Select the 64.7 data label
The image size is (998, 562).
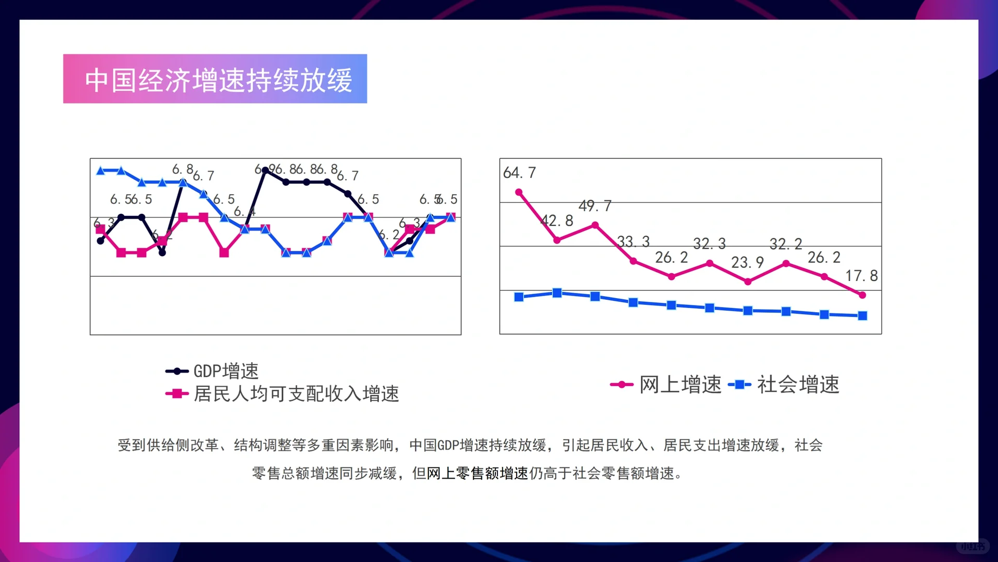(519, 173)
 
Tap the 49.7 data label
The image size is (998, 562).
(595, 206)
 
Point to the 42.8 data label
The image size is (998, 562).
(557, 221)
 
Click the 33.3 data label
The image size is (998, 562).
(633, 241)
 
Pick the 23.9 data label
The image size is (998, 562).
(747, 262)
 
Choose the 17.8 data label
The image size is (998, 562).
(861, 276)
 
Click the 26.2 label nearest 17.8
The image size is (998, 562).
(824, 257)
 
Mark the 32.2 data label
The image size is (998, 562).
(785, 244)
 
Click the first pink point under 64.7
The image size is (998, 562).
(519, 193)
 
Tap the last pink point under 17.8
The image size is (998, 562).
(862, 295)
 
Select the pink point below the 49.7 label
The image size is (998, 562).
(595, 225)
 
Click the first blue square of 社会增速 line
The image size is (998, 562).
(519, 297)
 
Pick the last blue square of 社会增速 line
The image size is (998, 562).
(862, 316)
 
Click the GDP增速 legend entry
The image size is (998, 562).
(212, 371)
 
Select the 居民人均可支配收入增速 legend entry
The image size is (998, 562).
(282, 394)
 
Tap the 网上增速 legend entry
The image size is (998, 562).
(666, 385)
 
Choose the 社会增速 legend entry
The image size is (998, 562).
(784, 385)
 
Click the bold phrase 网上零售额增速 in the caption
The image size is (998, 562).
(477, 473)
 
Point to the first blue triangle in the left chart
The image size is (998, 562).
(101, 171)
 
